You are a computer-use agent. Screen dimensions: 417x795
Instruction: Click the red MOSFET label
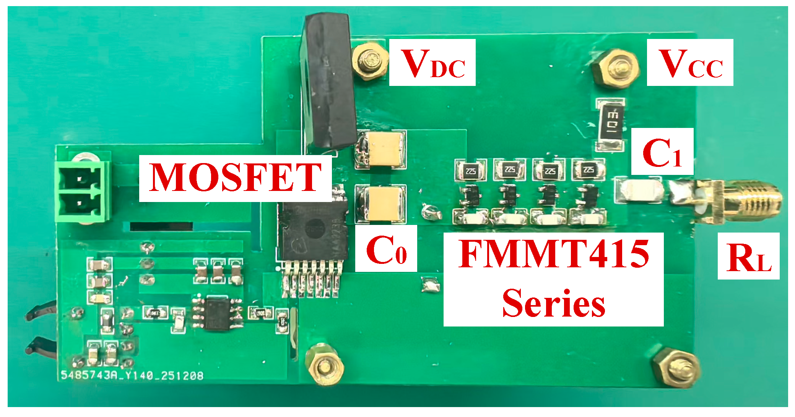[x=235, y=178]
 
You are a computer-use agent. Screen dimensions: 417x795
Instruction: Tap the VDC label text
[x=432, y=63]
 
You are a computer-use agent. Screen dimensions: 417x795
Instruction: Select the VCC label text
[x=690, y=63]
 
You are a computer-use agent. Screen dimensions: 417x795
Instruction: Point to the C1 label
[x=662, y=152]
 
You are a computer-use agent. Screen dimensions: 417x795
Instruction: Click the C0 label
[x=386, y=249]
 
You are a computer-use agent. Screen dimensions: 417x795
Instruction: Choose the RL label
[x=748, y=257]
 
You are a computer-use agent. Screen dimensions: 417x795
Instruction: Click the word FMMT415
[x=554, y=254]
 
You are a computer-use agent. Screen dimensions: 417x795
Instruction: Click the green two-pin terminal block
[x=82, y=191]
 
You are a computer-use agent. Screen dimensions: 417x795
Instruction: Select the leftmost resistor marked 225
[x=470, y=170]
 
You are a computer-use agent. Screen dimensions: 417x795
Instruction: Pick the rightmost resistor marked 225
[x=588, y=170]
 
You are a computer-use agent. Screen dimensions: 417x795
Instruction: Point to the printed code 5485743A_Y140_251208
[x=132, y=376]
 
